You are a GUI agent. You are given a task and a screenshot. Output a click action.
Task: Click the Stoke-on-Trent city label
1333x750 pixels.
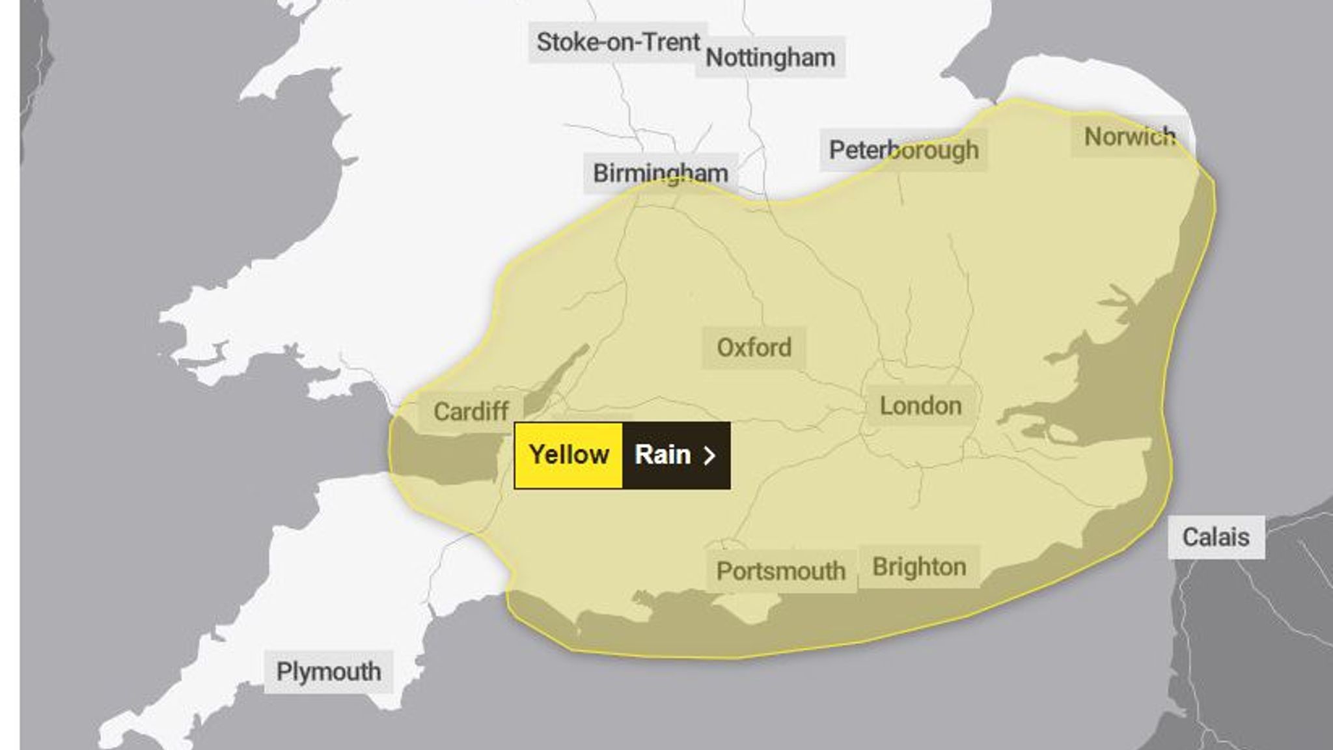pyautogui.click(x=617, y=42)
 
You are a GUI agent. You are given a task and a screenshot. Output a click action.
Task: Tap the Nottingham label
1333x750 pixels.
pyautogui.click(x=770, y=58)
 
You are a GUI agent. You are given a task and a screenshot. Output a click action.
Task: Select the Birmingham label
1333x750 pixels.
pyautogui.click(x=660, y=173)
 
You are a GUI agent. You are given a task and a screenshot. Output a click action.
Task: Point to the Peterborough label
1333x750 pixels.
pyautogui.click(x=903, y=150)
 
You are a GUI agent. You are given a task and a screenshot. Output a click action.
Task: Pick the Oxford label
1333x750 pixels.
pyautogui.click(x=754, y=348)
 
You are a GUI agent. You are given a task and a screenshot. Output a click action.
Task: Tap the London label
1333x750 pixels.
pyautogui.click(x=920, y=406)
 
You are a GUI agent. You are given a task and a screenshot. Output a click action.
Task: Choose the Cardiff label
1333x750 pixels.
pyautogui.click(x=471, y=411)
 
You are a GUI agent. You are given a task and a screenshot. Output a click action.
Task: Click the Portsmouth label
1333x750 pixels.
pyautogui.click(x=780, y=571)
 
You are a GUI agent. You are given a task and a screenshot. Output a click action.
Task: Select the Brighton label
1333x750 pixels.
pyautogui.click(x=919, y=566)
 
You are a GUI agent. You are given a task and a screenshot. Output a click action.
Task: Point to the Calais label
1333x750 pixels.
pyautogui.click(x=1215, y=537)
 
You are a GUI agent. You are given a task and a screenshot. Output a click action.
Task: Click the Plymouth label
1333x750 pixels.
pyautogui.click(x=329, y=671)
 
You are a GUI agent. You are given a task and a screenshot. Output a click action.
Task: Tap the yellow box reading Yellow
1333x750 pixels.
pyautogui.click(x=568, y=454)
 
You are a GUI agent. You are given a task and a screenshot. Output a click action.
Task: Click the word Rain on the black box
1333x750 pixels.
pyautogui.click(x=662, y=454)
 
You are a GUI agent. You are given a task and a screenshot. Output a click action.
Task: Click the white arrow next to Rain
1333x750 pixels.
pyautogui.click(x=710, y=455)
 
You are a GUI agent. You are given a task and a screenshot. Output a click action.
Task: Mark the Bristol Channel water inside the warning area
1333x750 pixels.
pyautogui.click(x=443, y=456)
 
